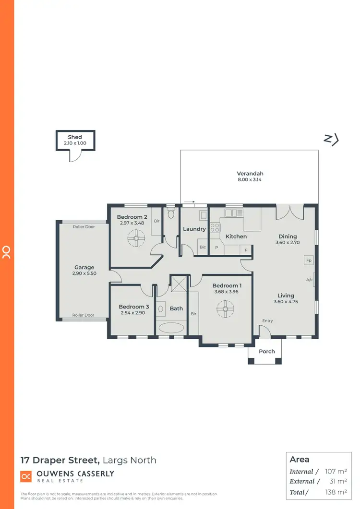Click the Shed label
coord(74,137)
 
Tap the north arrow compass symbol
coord(331,139)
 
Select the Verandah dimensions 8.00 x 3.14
coord(250,180)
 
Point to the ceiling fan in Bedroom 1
coord(224,309)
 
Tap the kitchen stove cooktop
coord(215,228)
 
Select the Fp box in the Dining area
coord(309,260)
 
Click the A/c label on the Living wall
coord(310,280)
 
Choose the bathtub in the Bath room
coord(170,328)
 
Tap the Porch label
coord(267,351)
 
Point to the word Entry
coord(267,321)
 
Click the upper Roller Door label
coord(84,227)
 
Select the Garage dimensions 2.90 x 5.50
coord(84,273)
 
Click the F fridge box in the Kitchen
coord(246,250)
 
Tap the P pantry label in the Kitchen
coord(216,248)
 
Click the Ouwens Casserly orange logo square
coord(25,476)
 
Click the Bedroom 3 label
coord(132,307)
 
